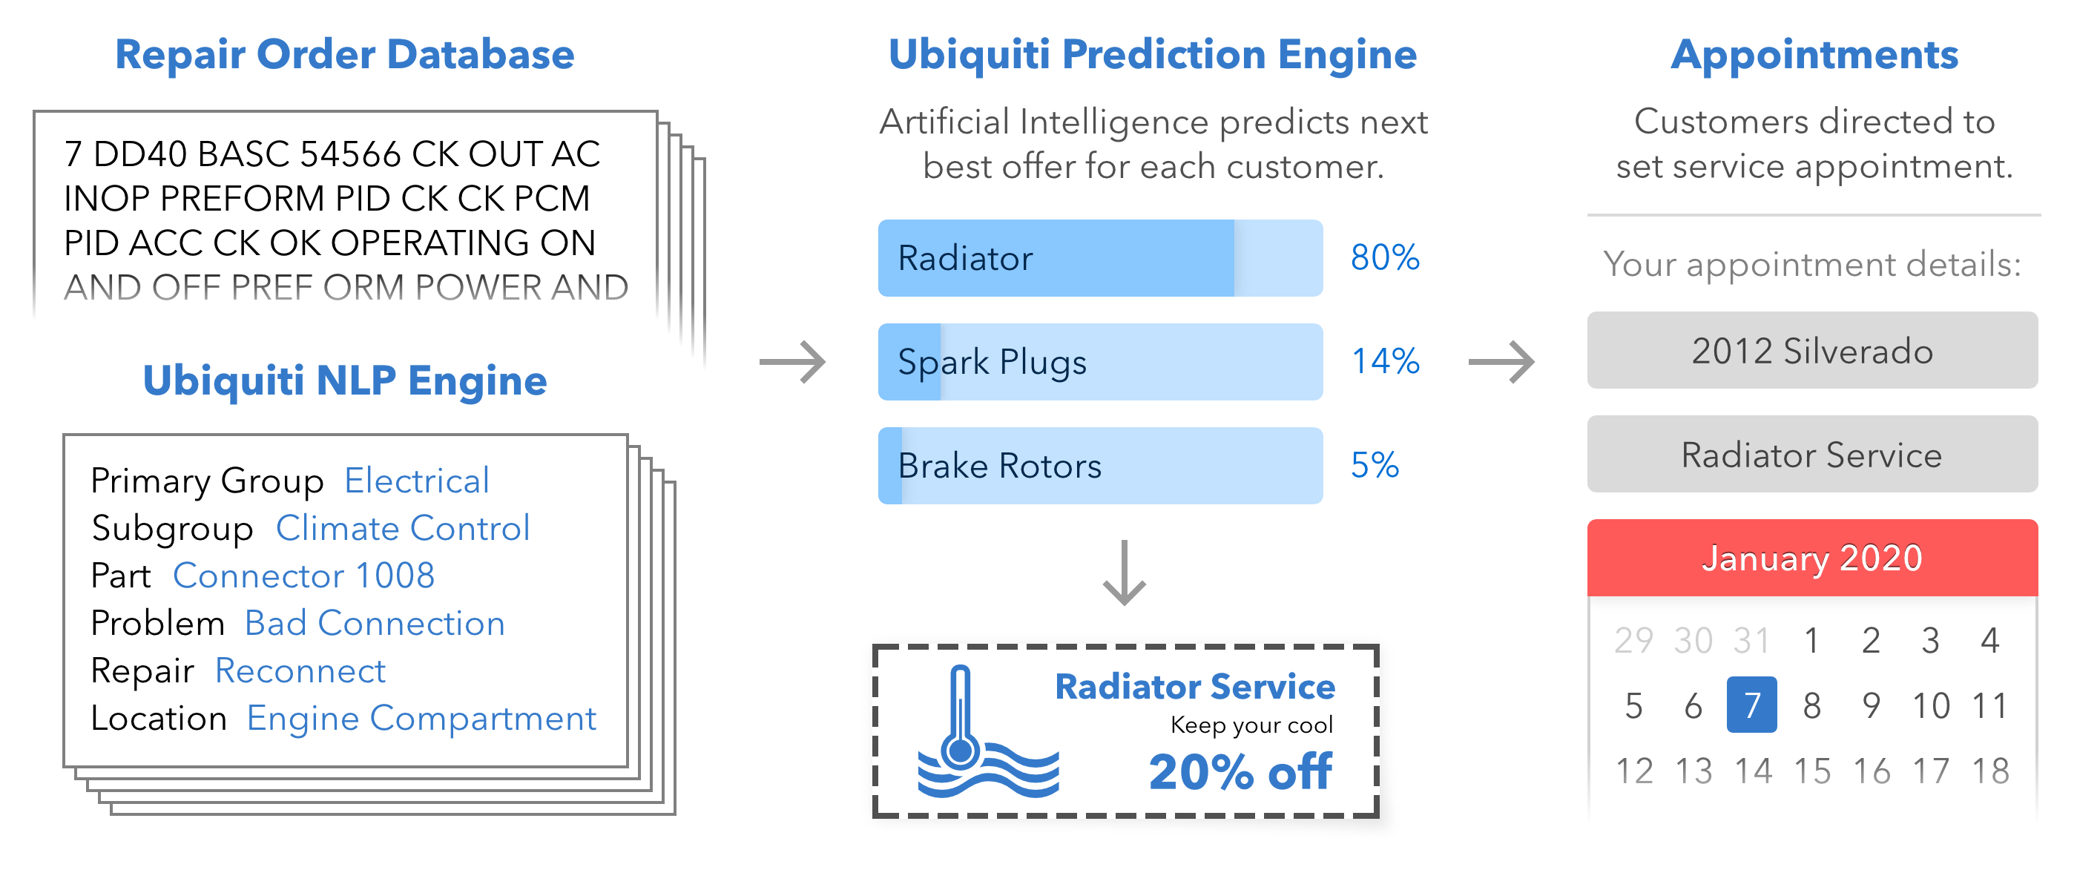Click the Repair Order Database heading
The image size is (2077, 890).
tap(344, 55)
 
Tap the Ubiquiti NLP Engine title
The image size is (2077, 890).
tap(344, 380)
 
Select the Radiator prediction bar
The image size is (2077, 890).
tap(1100, 258)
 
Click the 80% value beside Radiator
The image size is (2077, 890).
tap(1384, 258)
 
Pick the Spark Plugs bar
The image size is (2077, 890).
tap(1100, 362)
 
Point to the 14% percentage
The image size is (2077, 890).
tap(1384, 362)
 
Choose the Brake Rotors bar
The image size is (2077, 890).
tap(1100, 466)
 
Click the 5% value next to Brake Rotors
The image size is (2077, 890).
tap(1375, 466)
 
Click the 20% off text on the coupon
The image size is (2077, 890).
tap(1240, 772)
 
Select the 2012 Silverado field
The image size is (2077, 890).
tap(1811, 351)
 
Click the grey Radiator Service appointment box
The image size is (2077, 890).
tap(1811, 455)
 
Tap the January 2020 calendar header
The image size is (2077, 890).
tap(1811, 558)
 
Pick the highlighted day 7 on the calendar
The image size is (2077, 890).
tap(1751, 705)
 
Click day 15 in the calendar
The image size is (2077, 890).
tap(1811, 771)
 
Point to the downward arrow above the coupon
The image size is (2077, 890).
tap(1124, 574)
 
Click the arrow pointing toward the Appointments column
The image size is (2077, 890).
tap(1501, 362)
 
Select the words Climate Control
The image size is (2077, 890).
tap(402, 529)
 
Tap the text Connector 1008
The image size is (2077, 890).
tap(303, 576)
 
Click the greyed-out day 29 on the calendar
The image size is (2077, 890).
tap(1633, 641)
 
